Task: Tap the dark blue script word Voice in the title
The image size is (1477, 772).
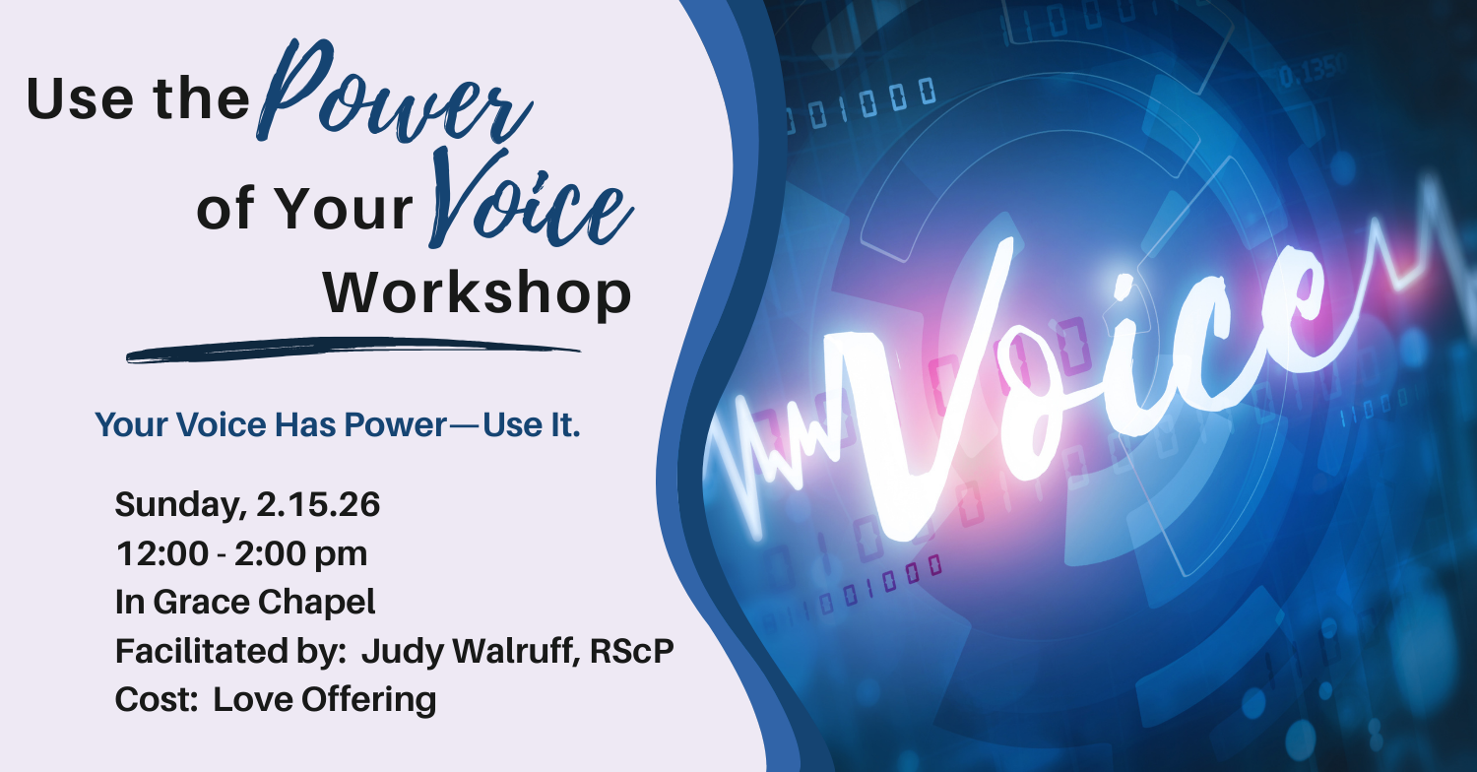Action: click(x=528, y=198)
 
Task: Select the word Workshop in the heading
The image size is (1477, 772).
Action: click(x=478, y=294)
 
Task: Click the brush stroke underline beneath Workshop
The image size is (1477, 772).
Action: click(x=353, y=350)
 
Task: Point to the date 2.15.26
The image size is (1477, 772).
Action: click(x=318, y=504)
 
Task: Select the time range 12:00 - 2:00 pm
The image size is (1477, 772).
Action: click(x=241, y=553)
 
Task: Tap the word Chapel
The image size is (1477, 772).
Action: click(x=316, y=603)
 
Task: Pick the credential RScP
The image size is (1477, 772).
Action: click(x=632, y=651)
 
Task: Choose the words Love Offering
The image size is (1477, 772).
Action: click(x=324, y=699)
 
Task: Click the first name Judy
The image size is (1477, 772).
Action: click(x=403, y=652)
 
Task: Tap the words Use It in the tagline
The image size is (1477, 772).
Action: click(x=532, y=424)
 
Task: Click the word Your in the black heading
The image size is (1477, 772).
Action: click(x=343, y=209)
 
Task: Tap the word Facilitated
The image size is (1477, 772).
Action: click(x=201, y=651)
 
